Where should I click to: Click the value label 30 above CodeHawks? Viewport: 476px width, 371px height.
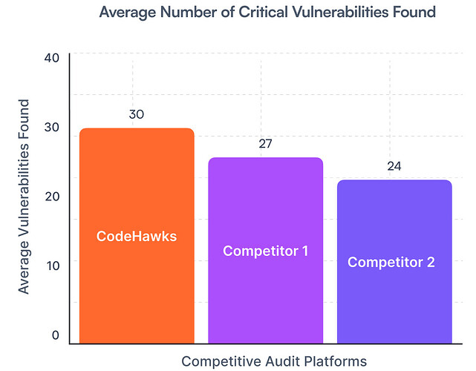point(136,115)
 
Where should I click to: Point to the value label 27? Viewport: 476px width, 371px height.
point(265,144)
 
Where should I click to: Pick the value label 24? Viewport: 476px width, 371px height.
point(394,166)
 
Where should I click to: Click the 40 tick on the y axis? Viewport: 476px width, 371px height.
point(51,58)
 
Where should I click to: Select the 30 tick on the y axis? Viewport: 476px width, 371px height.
point(51,128)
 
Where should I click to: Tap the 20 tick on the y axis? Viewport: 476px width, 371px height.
point(51,197)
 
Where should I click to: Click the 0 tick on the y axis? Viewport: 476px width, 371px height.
point(55,335)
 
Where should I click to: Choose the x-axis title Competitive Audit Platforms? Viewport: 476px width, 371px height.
point(274,361)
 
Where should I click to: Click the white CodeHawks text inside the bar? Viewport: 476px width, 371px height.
point(137,237)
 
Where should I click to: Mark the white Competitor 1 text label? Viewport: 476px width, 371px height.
point(265,251)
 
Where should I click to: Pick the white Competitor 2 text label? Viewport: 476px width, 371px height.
point(391,262)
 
